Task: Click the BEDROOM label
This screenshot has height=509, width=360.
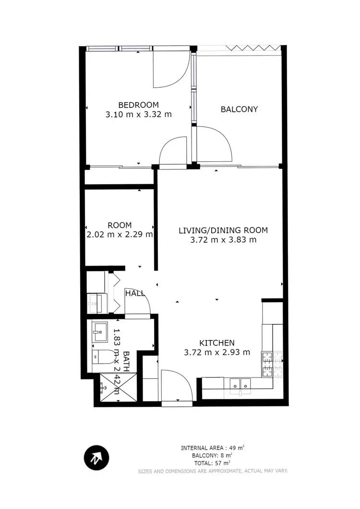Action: point(138,105)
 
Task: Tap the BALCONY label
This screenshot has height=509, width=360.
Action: point(239,109)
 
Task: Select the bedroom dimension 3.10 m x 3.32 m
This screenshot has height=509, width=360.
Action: point(138,115)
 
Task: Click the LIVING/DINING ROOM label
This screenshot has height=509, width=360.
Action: point(223,230)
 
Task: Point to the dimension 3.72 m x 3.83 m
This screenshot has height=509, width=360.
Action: point(223,240)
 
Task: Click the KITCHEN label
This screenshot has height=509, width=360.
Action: point(217,343)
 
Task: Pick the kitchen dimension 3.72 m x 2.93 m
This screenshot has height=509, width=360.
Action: point(217,352)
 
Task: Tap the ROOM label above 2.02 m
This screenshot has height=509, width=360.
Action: point(120,225)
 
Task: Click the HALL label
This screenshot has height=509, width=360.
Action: point(135,293)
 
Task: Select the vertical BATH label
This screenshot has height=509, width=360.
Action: point(126,361)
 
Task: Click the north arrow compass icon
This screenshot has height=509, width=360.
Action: point(96,458)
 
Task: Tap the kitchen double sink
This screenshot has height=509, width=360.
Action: point(240,384)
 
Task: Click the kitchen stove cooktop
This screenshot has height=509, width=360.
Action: point(266,364)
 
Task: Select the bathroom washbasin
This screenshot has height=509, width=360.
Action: point(101,331)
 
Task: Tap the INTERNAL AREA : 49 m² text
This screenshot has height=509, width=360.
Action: point(212,448)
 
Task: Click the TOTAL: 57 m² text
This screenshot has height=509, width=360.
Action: point(212,463)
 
